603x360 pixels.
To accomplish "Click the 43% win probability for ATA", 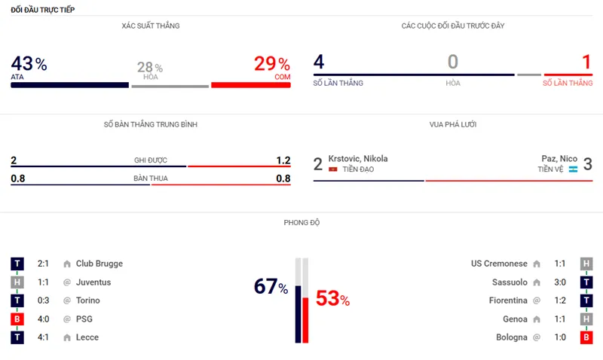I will (x=29, y=64).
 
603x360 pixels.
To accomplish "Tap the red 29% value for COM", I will (x=272, y=64).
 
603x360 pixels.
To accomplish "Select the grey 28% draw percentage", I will (x=150, y=68).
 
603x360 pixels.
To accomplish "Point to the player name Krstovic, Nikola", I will (x=358, y=158).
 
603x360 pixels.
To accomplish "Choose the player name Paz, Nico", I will (x=559, y=158).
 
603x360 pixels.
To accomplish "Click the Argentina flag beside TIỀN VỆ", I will (x=572, y=169).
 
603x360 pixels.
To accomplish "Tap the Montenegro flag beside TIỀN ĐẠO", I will (x=333, y=169).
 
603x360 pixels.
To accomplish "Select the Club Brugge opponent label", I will (x=99, y=264).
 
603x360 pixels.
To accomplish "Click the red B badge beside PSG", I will (x=17, y=319).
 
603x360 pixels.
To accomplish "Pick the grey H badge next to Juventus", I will (x=17, y=282).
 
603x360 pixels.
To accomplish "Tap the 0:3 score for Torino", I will (x=44, y=301).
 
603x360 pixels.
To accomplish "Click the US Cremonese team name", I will (x=499, y=264).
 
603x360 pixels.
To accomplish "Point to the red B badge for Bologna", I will (x=586, y=337).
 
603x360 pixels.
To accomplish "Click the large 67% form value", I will (x=271, y=287).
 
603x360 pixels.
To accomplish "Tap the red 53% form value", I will (x=332, y=299).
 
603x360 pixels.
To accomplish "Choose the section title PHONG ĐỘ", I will (x=301, y=223).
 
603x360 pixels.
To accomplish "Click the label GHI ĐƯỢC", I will (x=150, y=160).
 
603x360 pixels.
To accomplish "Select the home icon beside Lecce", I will (x=67, y=337).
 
